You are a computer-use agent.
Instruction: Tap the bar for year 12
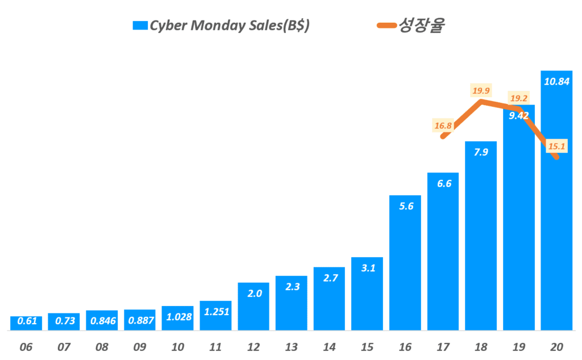[253, 307]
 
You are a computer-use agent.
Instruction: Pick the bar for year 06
[26, 323]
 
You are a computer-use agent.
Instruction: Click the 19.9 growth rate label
[481, 90]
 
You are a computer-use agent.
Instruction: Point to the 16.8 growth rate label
[443, 126]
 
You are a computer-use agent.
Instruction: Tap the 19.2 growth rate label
[518, 97]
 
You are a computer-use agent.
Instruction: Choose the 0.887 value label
[140, 321]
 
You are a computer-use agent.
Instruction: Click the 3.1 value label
[367, 268]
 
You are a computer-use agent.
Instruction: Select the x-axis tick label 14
[329, 346]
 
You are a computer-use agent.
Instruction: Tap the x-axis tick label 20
[556, 346]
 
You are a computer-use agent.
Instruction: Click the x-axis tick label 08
[102, 346]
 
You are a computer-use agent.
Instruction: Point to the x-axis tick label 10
[177, 346]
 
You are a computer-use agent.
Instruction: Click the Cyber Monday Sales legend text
[230, 26]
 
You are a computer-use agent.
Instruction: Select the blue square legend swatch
[140, 26]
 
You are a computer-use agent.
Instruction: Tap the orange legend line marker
[386, 26]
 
